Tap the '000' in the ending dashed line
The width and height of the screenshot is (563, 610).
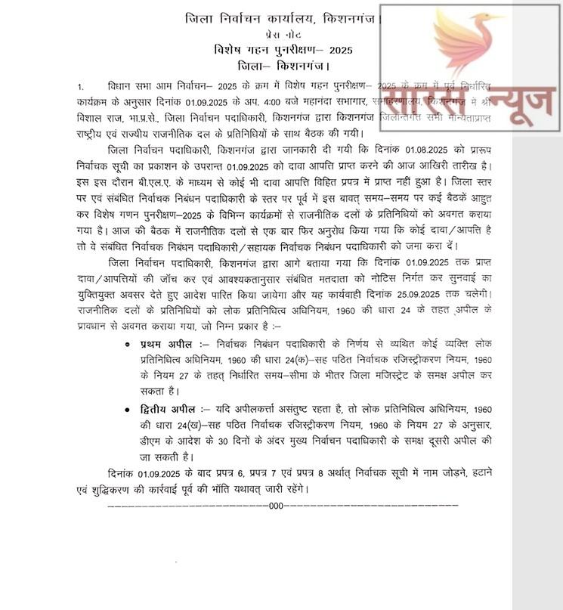tap(277, 506)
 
